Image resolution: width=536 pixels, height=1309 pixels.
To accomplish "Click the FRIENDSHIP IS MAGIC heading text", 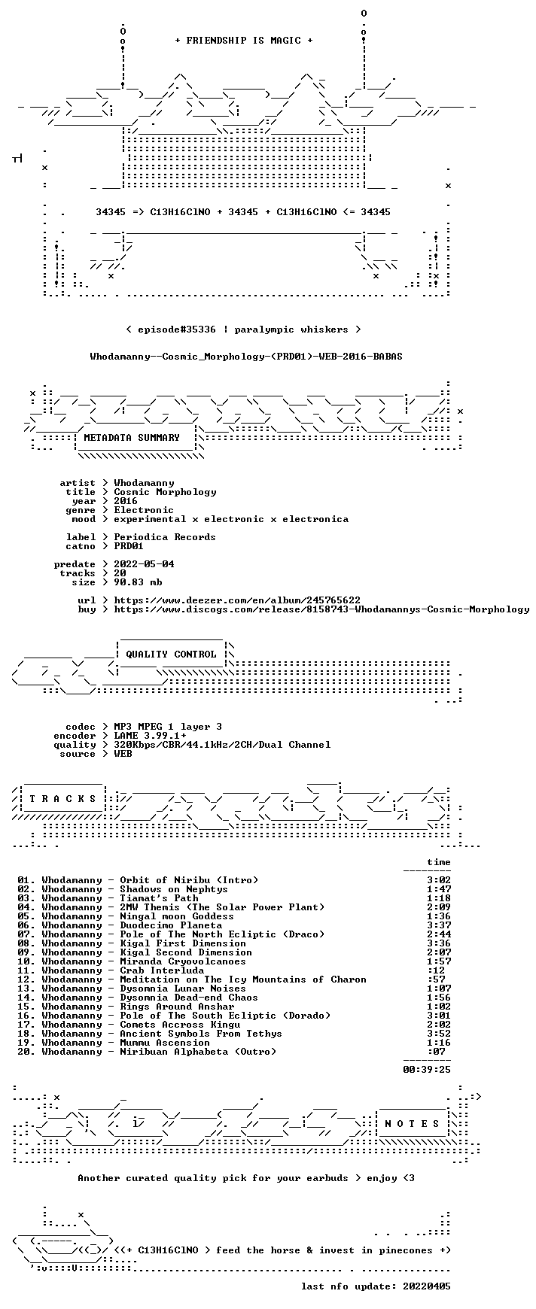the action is coord(243,41).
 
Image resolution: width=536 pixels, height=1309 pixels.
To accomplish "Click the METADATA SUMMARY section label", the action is coord(132,438).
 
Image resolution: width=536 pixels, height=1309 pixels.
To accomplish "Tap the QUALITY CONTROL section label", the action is coord(171,654).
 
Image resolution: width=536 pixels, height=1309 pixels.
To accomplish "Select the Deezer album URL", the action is coord(237,600).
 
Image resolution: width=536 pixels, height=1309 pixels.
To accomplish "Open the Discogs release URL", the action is coord(321,609).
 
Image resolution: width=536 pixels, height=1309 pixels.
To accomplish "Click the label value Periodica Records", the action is coord(165,537).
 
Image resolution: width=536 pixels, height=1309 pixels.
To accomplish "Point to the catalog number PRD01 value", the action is coord(129,546).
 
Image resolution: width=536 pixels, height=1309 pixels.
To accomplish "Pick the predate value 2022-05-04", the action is coord(144,564).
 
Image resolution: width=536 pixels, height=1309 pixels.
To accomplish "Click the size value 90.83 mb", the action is coord(138,582).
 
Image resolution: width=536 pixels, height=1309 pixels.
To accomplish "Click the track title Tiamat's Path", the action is coord(159,898).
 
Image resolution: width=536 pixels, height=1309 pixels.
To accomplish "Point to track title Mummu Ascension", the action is coord(165,1043).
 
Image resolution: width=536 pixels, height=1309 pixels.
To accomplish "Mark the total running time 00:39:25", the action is coord(427,1070).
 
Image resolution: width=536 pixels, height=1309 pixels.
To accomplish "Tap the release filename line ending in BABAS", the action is coord(246,357).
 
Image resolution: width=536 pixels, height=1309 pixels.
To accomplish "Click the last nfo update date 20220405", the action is coord(427,1286).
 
